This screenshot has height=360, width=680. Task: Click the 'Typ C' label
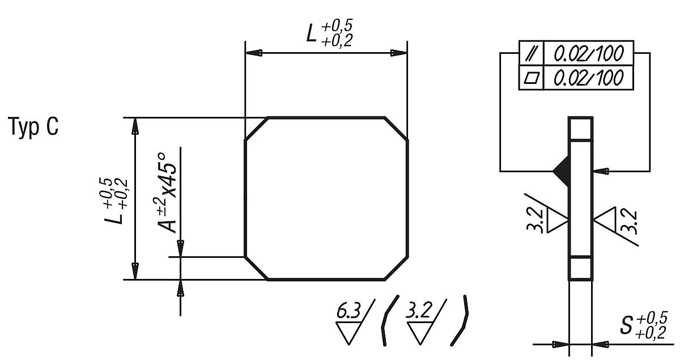point(33,128)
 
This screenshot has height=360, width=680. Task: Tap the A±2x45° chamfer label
point(169,190)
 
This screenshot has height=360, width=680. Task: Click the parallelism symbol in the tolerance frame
point(532,54)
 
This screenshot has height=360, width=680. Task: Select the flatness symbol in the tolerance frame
point(532,77)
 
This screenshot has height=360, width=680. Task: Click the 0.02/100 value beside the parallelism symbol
point(589,54)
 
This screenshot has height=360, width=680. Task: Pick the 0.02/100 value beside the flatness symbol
point(589,77)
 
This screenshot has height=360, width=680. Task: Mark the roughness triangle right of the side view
point(605,219)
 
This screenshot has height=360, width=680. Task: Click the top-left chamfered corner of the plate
point(256,129)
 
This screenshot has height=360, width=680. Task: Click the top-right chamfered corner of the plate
point(396,129)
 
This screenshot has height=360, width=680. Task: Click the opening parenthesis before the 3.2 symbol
point(390,320)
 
